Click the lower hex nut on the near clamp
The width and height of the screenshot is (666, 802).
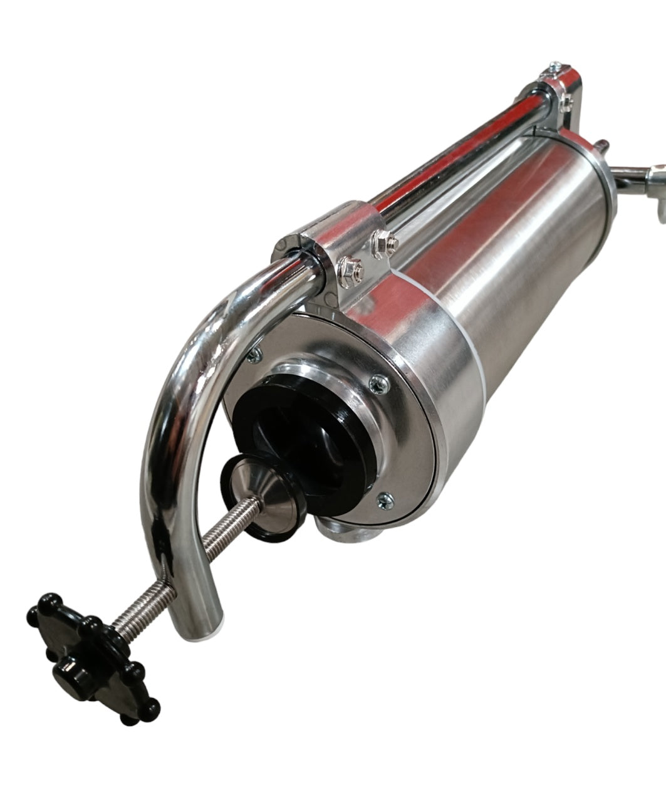(347, 270)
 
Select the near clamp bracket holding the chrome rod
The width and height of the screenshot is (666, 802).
(320, 251)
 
